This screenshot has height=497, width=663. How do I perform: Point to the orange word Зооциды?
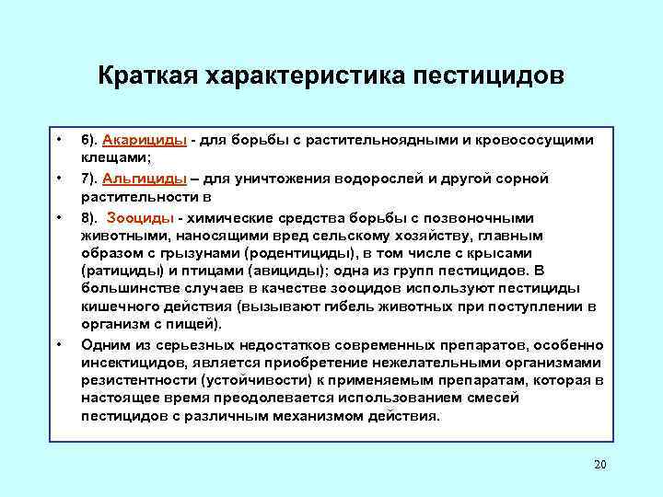coord(143,218)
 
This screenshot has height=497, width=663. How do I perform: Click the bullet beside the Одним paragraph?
coord(58,344)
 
